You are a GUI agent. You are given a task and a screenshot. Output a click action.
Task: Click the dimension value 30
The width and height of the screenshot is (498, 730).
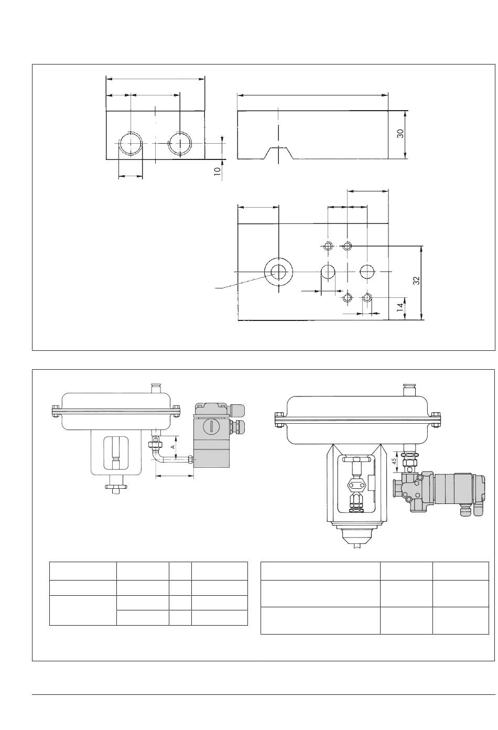(x=400, y=134)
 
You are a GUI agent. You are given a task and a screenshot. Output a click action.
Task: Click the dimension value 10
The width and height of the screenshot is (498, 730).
(x=217, y=171)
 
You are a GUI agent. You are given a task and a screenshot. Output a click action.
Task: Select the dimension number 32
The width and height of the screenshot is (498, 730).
(x=416, y=281)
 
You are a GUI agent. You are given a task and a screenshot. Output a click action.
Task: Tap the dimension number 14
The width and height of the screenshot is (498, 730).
(x=400, y=306)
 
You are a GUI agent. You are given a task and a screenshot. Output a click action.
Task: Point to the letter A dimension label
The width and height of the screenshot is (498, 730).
(x=174, y=446)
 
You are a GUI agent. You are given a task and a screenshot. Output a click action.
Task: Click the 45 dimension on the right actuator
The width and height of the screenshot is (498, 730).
(x=394, y=461)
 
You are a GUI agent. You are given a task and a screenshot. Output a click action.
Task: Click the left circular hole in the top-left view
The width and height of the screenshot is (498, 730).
(x=131, y=144)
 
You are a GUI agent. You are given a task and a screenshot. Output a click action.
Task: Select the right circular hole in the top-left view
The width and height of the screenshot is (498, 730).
(x=180, y=144)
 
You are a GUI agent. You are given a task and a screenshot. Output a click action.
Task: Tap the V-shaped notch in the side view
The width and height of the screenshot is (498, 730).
(x=278, y=153)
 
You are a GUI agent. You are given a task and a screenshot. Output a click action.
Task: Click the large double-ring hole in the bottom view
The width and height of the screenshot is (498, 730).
(x=278, y=272)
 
